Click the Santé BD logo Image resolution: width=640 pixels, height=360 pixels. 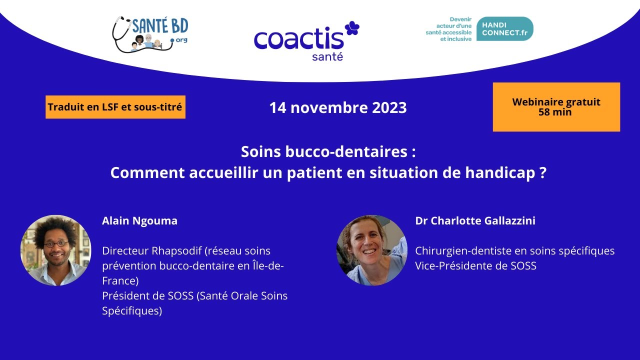click(x=150, y=34)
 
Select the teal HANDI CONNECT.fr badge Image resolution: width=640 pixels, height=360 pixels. click(x=504, y=29)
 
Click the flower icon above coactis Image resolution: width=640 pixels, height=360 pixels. click(x=352, y=28)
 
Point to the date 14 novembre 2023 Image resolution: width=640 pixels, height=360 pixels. click(x=338, y=107)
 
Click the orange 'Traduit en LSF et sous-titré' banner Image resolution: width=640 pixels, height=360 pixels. click(x=115, y=107)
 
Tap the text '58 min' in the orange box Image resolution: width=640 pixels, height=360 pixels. click(x=555, y=112)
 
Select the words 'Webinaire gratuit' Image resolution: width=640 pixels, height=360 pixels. click(x=556, y=102)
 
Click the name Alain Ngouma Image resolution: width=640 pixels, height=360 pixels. click(x=139, y=220)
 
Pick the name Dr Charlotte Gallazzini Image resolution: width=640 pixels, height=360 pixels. click(x=475, y=220)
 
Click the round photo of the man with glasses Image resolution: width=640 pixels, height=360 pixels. click(x=55, y=250)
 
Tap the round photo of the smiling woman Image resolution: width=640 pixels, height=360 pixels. click(x=371, y=250)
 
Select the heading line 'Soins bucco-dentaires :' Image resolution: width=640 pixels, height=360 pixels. click(x=328, y=151)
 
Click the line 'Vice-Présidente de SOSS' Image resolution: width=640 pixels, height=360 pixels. click(x=475, y=265)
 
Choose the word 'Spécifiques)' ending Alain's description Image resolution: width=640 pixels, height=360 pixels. click(x=132, y=311)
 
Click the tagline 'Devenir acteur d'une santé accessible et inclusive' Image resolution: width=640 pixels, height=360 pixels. click(x=448, y=29)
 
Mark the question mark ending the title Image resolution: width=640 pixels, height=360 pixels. click(x=543, y=173)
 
